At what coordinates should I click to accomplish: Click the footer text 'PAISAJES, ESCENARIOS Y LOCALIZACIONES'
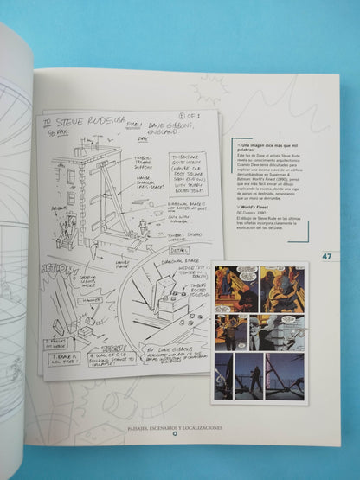(x=173, y=426)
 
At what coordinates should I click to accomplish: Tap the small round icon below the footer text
(x=173, y=435)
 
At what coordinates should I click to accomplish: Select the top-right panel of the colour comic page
(x=282, y=290)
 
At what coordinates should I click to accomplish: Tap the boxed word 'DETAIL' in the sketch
(x=168, y=249)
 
